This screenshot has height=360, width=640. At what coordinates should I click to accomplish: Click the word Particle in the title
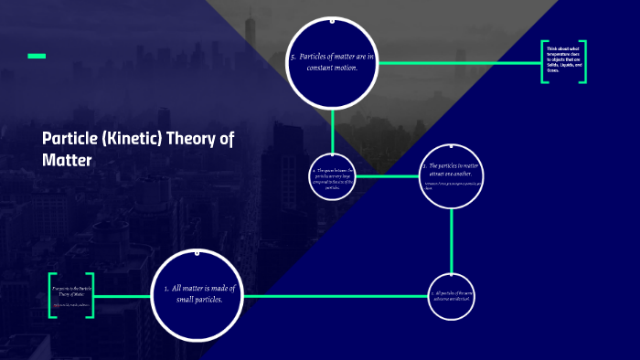(x=69, y=139)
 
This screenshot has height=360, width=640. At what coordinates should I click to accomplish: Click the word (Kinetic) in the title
(x=137, y=139)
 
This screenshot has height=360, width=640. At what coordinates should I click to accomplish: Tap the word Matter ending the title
(x=67, y=160)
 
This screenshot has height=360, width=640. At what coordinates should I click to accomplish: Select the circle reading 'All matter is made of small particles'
(x=198, y=294)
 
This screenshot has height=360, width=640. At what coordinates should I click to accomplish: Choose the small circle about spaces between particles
(x=332, y=175)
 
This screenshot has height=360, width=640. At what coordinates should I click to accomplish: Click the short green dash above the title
(x=37, y=57)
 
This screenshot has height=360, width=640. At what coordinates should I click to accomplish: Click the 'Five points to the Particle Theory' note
(x=72, y=294)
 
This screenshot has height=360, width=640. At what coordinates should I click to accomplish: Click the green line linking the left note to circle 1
(x=123, y=296)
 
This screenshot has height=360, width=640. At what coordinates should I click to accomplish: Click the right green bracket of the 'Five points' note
(x=92, y=294)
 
